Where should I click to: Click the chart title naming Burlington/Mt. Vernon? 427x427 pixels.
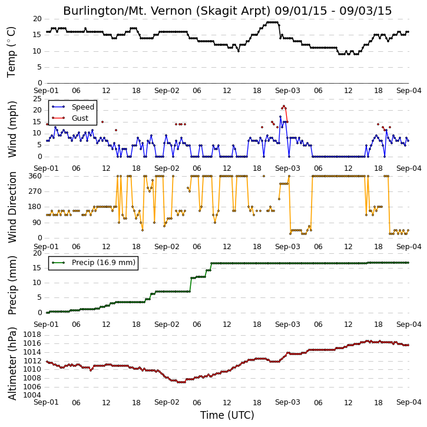click(227, 11)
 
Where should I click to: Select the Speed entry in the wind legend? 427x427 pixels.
click(83, 107)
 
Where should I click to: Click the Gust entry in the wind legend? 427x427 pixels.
click(80, 118)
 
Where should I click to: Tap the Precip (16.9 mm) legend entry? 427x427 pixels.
click(104, 263)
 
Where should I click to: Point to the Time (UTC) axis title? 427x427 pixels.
click(227, 415)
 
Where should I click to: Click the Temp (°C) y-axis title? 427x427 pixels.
click(11, 52)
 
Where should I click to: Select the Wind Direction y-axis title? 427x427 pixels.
click(12, 207)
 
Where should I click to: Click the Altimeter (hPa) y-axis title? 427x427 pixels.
click(12, 363)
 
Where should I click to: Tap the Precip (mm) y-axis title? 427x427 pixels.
click(12, 285)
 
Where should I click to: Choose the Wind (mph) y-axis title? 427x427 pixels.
click(12, 129)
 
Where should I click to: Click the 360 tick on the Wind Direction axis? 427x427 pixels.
click(35, 176)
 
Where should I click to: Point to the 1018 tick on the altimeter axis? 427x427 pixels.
click(32, 335)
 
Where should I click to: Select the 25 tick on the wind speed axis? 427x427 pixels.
click(37, 98)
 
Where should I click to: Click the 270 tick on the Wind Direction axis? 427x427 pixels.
click(35, 191)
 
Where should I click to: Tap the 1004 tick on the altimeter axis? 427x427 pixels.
click(32, 395)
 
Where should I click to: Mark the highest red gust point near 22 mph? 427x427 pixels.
click(284, 106)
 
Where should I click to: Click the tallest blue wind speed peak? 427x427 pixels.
click(280, 117)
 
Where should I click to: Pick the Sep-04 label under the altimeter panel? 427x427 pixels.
click(409, 402)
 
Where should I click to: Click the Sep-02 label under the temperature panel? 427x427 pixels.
click(167, 91)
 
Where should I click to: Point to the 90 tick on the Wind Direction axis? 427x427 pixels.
click(37, 223)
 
